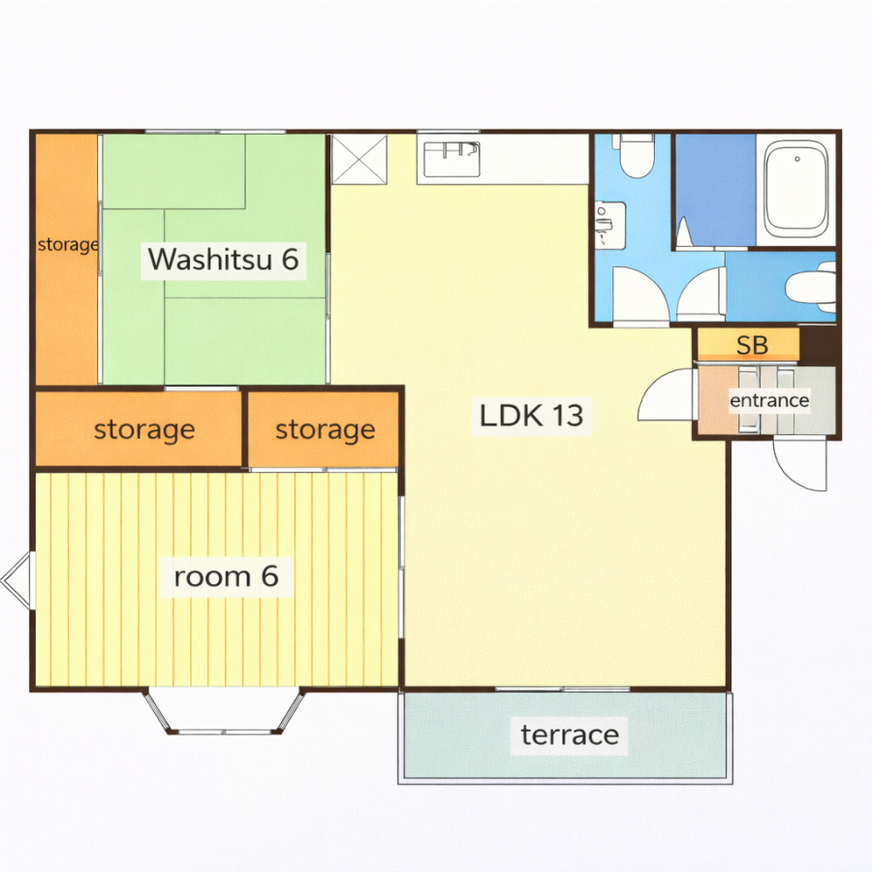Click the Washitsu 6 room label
click(224, 259)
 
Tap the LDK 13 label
click(531, 416)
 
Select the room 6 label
click(227, 576)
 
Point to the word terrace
click(570, 735)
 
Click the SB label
click(752, 345)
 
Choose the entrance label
click(769, 400)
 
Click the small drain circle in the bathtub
click(797, 159)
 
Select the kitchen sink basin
click(452, 159)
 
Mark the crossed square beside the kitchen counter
click(359, 159)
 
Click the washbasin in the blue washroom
click(610, 225)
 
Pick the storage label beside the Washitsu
click(67, 245)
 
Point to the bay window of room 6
click(225, 712)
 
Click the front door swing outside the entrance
click(800, 464)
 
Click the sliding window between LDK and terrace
click(562, 690)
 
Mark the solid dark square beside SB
click(819, 345)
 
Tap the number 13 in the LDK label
click(568, 416)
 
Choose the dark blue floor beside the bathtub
click(716, 190)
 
